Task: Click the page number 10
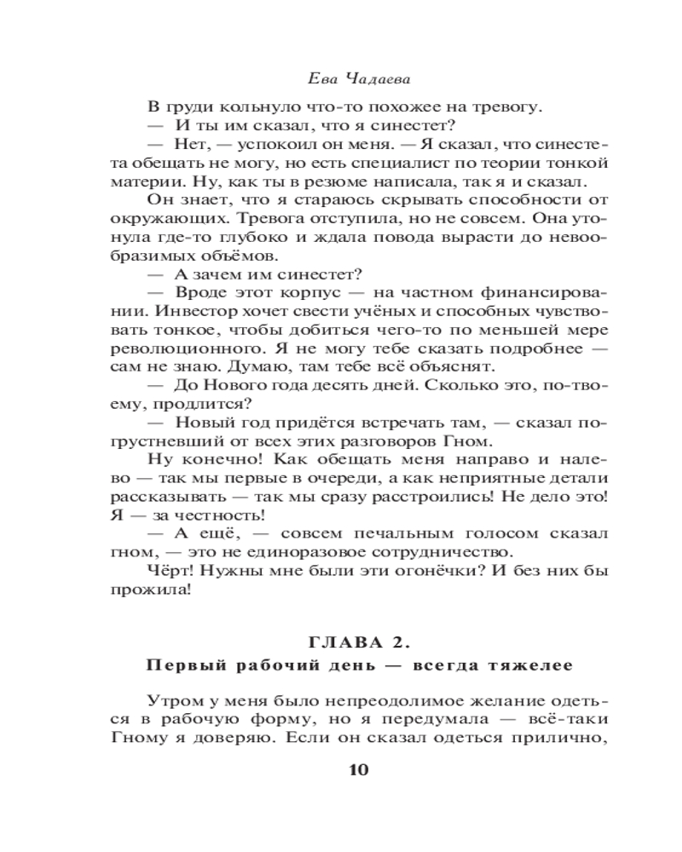[x=357, y=769]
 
